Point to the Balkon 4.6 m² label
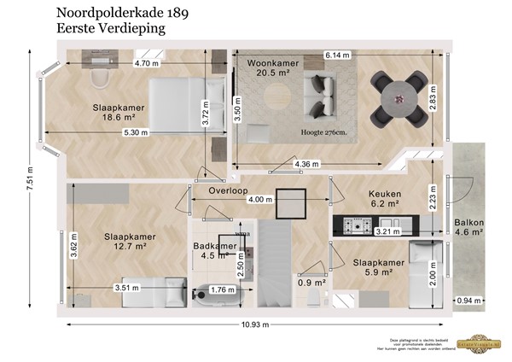tap(469, 226)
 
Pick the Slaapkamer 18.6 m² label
tap(119, 114)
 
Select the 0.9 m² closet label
tap(311, 283)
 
